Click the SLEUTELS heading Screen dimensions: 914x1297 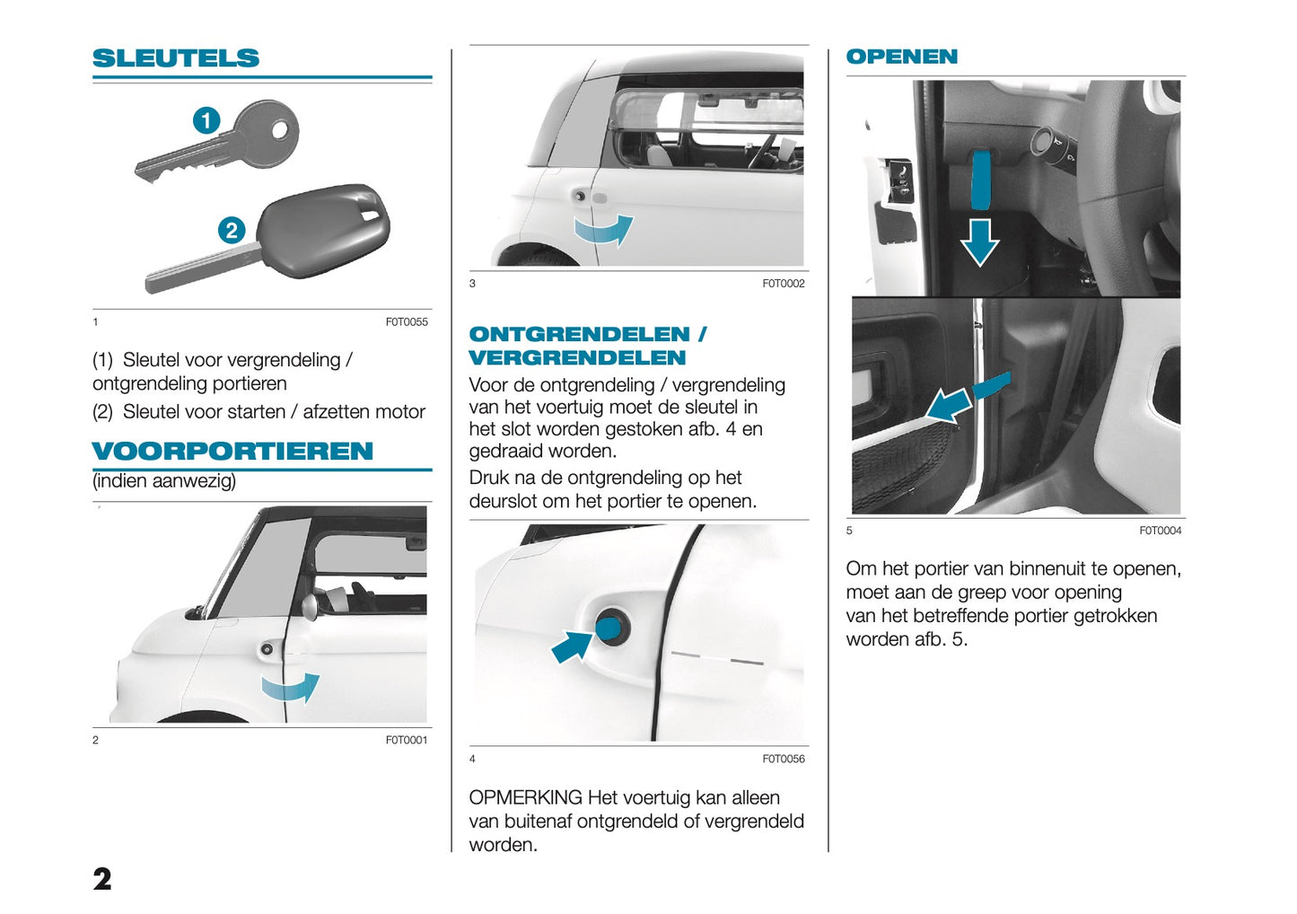click(176, 58)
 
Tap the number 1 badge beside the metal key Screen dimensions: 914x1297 click(206, 119)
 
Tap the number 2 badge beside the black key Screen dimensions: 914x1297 click(232, 231)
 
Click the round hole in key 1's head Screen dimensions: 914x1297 click(281, 130)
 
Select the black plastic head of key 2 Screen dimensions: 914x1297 click(323, 230)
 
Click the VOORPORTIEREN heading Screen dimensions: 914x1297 click(232, 451)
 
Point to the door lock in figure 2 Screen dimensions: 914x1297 click(267, 649)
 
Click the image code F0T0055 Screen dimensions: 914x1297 click(407, 321)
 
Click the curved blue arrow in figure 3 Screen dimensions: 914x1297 click(604, 230)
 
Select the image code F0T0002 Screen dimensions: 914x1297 click(784, 284)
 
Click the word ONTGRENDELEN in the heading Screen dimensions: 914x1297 click(579, 334)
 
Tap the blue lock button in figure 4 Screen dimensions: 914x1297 click(612, 627)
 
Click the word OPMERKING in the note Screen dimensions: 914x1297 click(525, 797)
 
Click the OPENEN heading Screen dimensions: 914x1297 click(901, 57)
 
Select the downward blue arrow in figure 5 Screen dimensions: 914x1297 click(979, 242)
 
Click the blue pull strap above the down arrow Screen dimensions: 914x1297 click(981, 180)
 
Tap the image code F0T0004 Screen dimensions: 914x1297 click(1160, 531)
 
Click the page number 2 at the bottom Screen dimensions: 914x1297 click(102, 878)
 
